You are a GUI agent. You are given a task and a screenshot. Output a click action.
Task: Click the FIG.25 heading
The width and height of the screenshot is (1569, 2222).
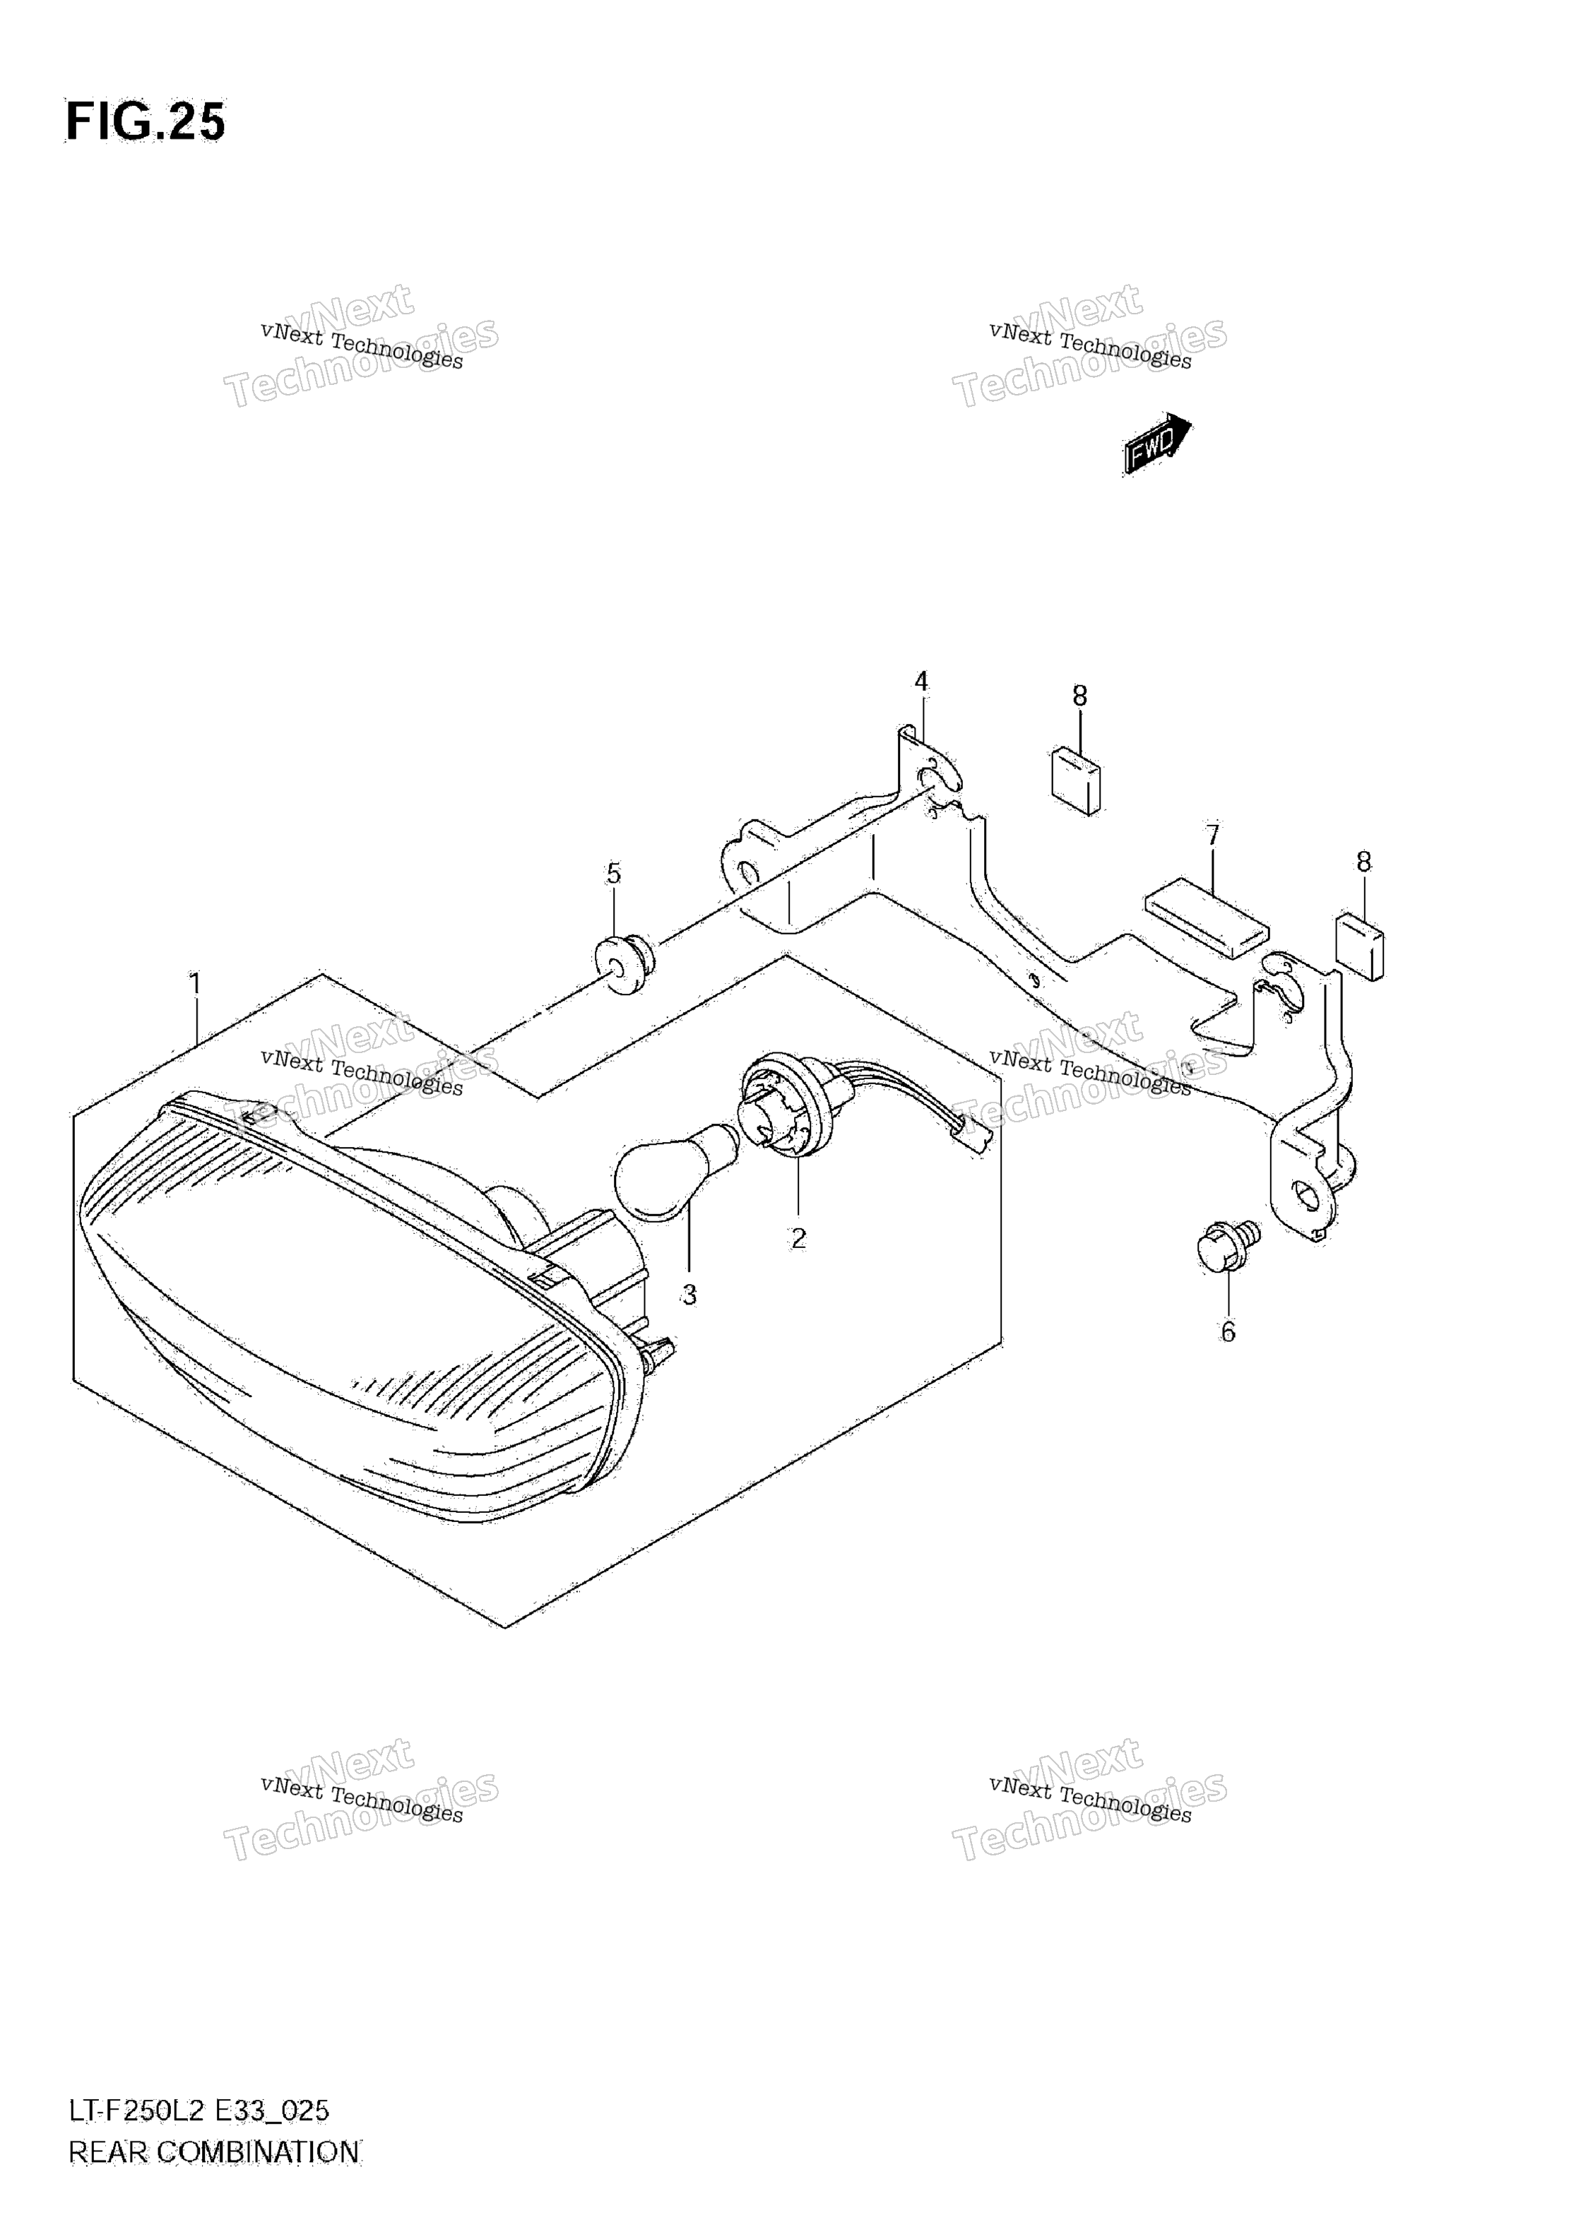146,122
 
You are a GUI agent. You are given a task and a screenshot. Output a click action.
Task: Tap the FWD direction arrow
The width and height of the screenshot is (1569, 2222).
1158,444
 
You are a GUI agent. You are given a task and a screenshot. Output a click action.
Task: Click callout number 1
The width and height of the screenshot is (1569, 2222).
194,985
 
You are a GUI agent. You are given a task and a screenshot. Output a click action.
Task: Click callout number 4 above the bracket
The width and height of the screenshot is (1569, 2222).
921,682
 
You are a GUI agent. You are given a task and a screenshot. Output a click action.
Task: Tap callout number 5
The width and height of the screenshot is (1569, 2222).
614,873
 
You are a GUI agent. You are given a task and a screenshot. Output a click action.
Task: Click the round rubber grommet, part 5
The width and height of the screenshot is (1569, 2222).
625,963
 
